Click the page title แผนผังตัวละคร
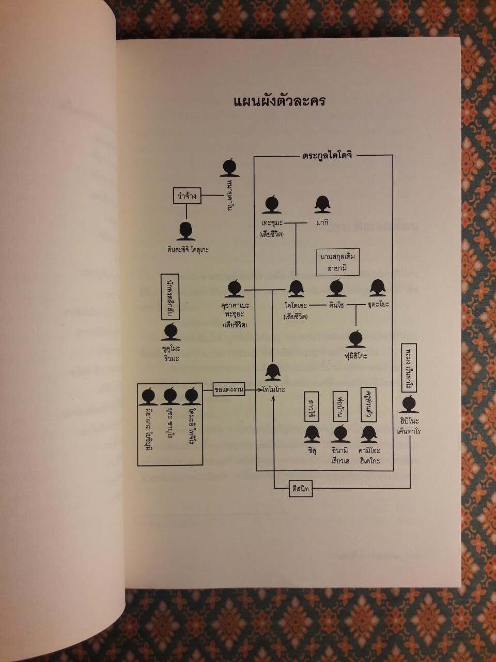pyautogui.click(x=280, y=101)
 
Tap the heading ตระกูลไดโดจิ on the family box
pyautogui.click(x=327, y=155)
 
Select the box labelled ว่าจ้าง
pyautogui.click(x=186, y=196)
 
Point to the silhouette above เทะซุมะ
pyautogui.click(x=271, y=205)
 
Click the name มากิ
pyautogui.click(x=323, y=222)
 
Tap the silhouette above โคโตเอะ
pyautogui.click(x=296, y=289)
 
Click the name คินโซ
pyautogui.click(x=336, y=305)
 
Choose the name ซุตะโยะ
pyautogui.click(x=378, y=305)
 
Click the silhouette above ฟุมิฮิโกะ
pyautogui.click(x=356, y=339)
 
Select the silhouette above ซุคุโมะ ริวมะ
pyautogui.click(x=171, y=332)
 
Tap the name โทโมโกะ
pyautogui.click(x=274, y=388)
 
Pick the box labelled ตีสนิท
pyautogui.click(x=301, y=488)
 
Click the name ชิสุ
pyautogui.click(x=312, y=450)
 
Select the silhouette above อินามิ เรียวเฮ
pyautogui.click(x=341, y=433)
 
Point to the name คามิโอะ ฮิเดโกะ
pyautogui.click(x=369, y=455)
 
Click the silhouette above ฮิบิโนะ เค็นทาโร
pyautogui.click(x=410, y=403)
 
